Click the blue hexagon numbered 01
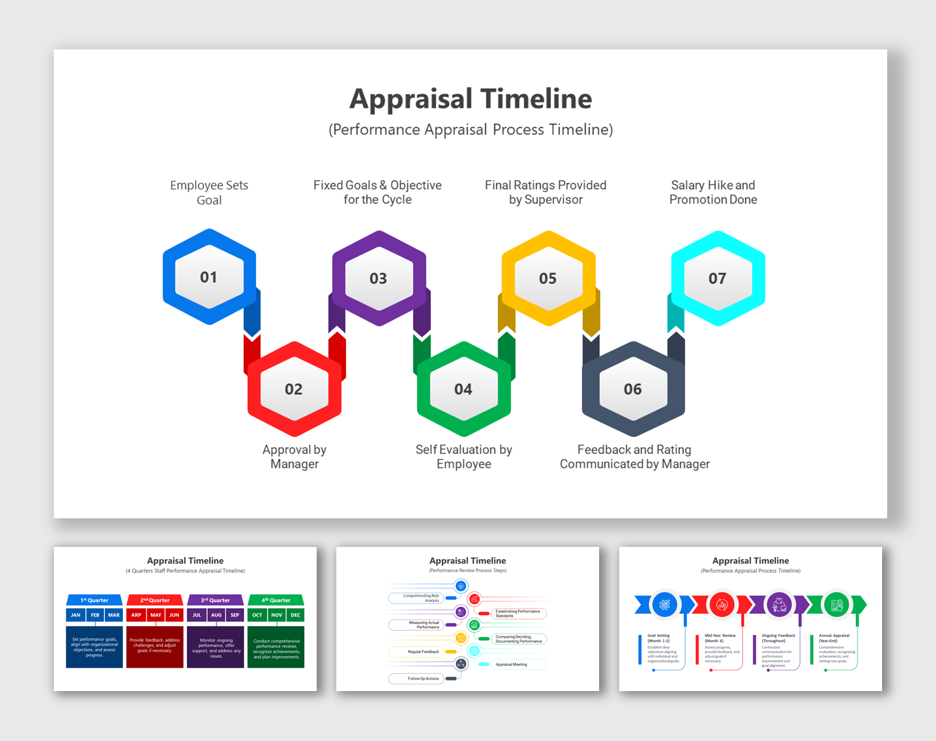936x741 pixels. (x=209, y=277)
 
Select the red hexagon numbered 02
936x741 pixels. (x=294, y=389)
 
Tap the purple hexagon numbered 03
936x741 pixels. (x=378, y=278)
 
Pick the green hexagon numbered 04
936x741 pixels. (x=463, y=389)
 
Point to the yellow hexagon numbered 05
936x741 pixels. (x=548, y=278)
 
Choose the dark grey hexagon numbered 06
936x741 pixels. (x=633, y=389)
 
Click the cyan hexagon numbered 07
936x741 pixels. (x=718, y=278)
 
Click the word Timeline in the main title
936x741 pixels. (x=536, y=99)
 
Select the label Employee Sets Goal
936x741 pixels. (x=209, y=192)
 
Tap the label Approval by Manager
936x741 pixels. (x=294, y=457)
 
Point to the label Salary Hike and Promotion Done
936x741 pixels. (x=713, y=192)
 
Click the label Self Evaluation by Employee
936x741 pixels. (x=464, y=457)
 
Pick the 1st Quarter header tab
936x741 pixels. (x=94, y=600)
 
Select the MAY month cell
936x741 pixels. (x=156, y=615)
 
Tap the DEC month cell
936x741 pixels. (x=295, y=615)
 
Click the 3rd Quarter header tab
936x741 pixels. (x=216, y=600)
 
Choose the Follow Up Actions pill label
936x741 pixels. (x=423, y=679)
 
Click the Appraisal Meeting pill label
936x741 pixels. (x=512, y=665)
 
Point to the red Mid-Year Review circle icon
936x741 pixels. (x=722, y=605)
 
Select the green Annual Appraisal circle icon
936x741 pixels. (x=837, y=605)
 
